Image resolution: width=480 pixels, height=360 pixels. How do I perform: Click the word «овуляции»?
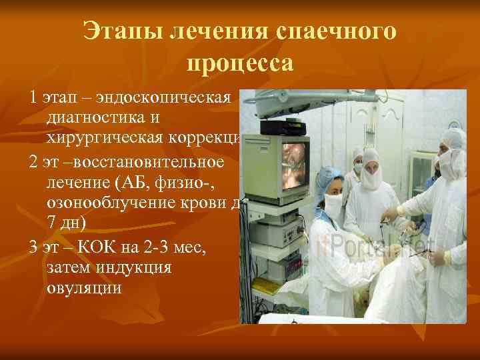click(84, 287)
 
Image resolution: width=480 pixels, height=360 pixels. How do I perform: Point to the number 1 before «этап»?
click(33, 99)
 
